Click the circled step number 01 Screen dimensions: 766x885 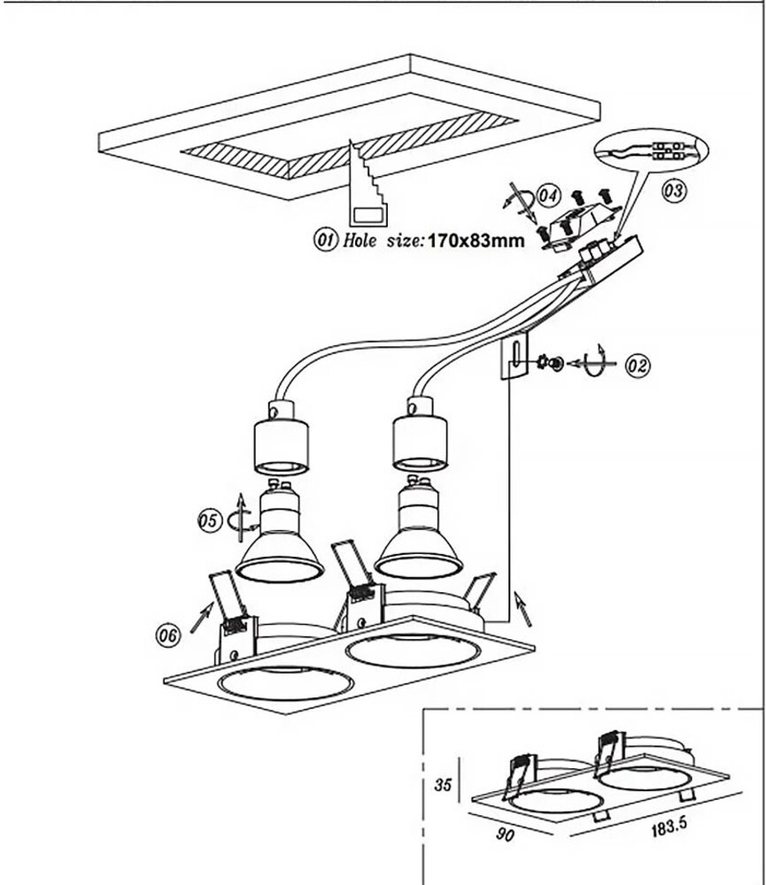coord(325,241)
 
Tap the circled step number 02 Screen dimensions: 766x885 coord(638,366)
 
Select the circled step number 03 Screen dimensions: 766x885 coord(674,190)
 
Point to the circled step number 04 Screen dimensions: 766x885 coord(548,196)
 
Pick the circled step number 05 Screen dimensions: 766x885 coord(208,519)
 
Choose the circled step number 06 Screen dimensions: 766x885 coord(167,635)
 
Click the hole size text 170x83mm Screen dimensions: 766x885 coord(476,241)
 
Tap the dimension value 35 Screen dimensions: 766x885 coord(443,784)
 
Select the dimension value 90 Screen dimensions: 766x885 coord(505,834)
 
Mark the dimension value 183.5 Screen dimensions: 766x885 coord(669,828)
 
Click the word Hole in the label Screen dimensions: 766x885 coord(360,241)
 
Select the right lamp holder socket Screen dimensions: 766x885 coord(420,434)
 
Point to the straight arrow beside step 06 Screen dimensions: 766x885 coord(203,617)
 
